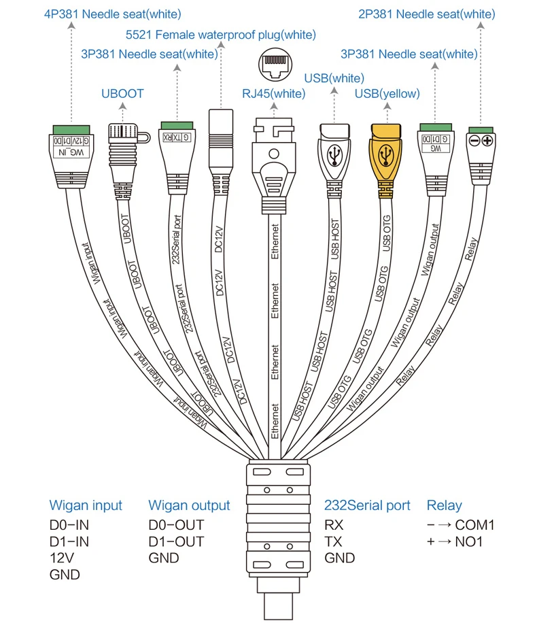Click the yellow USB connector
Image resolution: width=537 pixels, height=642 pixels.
[x=385, y=155]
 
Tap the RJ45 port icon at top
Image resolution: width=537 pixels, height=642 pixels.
[x=274, y=64]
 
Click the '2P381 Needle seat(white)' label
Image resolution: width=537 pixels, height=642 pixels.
[x=426, y=14]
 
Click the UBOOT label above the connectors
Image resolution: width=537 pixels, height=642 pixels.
[x=122, y=93]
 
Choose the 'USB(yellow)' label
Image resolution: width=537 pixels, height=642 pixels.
[x=387, y=93]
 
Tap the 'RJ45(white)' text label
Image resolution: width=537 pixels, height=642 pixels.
[x=274, y=93]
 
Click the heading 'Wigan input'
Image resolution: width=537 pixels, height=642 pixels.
[x=86, y=505]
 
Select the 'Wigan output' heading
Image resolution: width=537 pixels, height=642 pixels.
[x=189, y=505]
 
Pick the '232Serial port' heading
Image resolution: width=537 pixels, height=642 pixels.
[x=367, y=505]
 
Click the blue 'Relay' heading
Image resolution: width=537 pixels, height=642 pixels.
[x=444, y=505]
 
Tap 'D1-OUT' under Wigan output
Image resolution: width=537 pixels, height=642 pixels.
[x=176, y=542]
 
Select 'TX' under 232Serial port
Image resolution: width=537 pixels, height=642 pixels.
[x=333, y=542]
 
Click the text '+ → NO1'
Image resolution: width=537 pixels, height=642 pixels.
[x=455, y=542]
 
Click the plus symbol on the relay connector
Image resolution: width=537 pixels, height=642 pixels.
[x=487, y=140]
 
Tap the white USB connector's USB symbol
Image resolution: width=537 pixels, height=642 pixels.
[x=334, y=155]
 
